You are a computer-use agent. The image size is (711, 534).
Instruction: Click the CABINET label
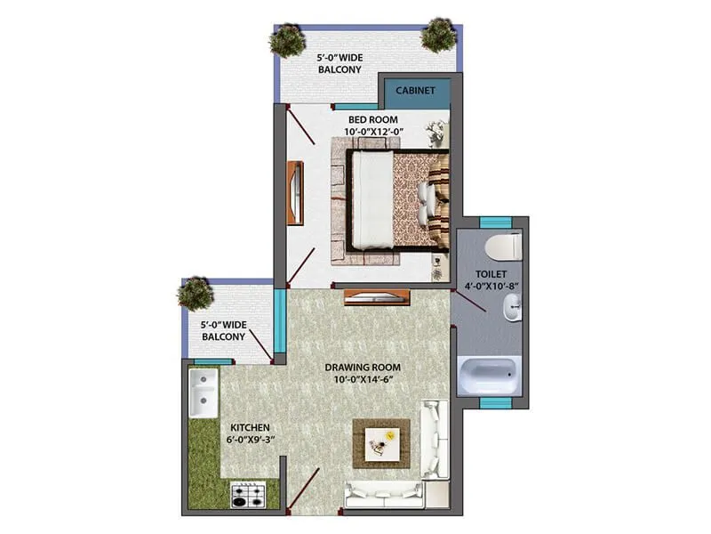[x=414, y=90]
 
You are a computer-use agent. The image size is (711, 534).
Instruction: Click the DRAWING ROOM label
[x=363, y=367]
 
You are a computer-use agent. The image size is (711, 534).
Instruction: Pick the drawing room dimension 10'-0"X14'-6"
[x=363, y=380]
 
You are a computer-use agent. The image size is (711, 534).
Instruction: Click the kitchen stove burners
[x=250, y=494]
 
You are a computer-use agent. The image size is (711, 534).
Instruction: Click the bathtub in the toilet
[x=490, y=375]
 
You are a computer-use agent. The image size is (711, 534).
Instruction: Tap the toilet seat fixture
[x=503, y=244]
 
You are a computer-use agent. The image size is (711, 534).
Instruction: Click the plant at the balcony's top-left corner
[x=287, y=40]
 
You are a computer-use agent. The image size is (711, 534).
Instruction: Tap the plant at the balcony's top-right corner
[x=438, y=35]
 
